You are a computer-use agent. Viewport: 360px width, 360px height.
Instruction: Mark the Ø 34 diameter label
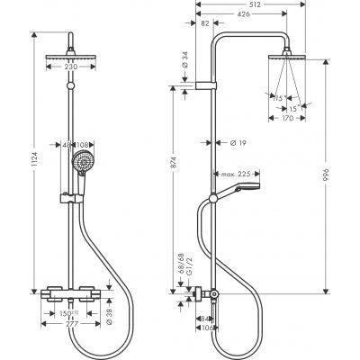tap(184, 61)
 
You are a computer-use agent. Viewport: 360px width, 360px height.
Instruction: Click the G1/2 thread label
tap(181, 272)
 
